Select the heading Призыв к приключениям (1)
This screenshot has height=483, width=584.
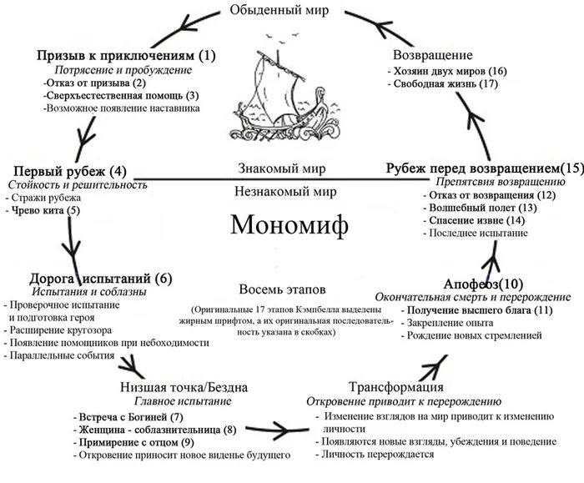coord(126,56)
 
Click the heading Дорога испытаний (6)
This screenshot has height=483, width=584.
coord(101,279)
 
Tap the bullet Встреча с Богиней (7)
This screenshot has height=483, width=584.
coord(128,416)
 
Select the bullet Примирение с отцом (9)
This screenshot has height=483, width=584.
coord(137,442)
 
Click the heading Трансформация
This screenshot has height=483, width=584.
coord(395,388)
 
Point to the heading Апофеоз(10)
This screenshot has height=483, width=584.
coord(472,284)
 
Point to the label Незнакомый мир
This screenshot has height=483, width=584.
coord(286,190)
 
